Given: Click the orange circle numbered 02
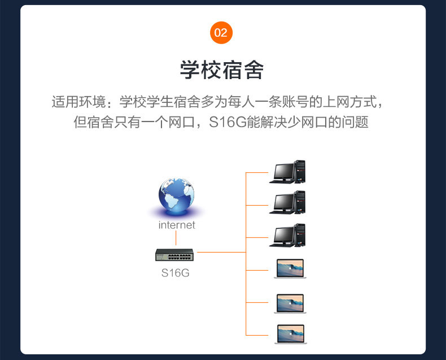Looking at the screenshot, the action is [221, 32].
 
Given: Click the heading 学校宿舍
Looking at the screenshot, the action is [222, 70].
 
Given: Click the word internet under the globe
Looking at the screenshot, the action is [176, 225].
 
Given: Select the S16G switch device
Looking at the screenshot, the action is [174, 255].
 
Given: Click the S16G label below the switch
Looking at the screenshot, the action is [175, 273].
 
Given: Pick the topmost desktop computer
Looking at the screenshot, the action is [287, 172].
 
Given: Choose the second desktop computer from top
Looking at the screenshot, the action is [287, 202].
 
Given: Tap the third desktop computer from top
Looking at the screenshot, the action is [287, 235].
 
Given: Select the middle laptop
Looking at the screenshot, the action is [290, 303].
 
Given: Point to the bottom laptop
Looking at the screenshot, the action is [290, 333].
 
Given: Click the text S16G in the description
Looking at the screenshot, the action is [228, 122].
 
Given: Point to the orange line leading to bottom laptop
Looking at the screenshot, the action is [257, 335].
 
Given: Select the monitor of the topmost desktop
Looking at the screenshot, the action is [282, 170].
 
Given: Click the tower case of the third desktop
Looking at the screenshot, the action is [300, 234].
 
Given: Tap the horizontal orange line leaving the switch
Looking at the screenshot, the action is [220, 252].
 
